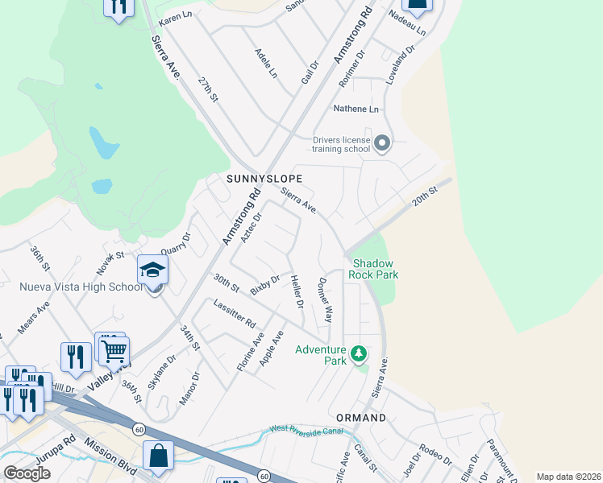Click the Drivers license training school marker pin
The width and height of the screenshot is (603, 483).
coord(382,144)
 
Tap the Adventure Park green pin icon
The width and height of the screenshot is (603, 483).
coord(359,353)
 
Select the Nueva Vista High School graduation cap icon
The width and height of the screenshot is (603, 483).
coord(152,270)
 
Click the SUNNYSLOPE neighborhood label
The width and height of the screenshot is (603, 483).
coord(264,178)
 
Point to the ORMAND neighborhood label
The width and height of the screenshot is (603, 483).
coord(360,418)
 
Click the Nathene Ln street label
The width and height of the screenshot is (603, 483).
coord(356,109)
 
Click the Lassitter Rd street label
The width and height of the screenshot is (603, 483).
coord(235,313)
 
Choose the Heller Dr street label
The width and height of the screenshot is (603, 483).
coord(296,292)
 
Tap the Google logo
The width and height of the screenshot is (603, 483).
coord(27,473)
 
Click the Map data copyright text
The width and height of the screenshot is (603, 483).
coord(568,477)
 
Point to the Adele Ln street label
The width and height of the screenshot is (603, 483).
coord(266,63)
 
